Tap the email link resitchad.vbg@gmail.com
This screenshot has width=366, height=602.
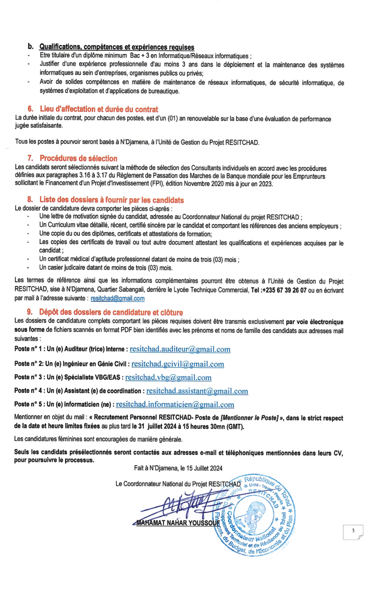(x=168, y=377)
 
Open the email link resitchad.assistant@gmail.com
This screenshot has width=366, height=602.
(x=197, y=391)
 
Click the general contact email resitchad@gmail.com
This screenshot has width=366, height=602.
(x=117, y=298)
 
